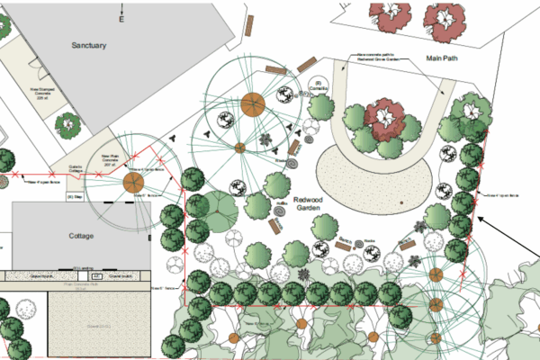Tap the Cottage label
pos(81,236)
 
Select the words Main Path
pos(443,57)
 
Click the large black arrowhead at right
pos(481,219)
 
